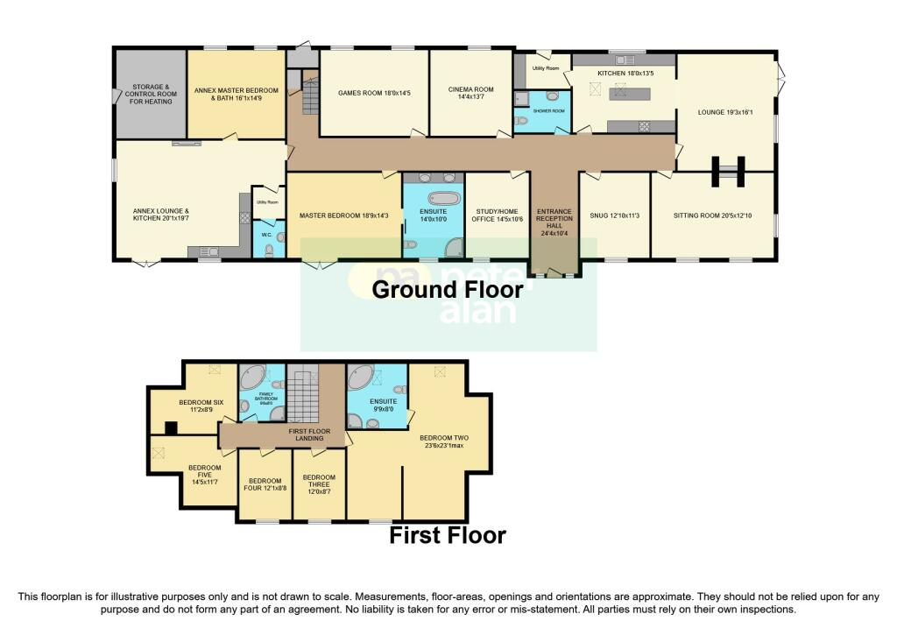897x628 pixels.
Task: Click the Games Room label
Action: click(374, 92)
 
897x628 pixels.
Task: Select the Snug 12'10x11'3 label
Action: click(614, 215)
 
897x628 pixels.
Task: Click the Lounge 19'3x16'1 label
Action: click(725, 112)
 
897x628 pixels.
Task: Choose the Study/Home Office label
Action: click(497, 215)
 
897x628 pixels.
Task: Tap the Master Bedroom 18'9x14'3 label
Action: click(343, 215)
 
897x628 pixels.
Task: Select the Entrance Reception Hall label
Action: click(554, 220)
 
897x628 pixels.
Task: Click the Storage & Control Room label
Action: click(151, 95)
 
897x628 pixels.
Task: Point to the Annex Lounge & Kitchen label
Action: click(161, 215)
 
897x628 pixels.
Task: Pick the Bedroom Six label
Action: click(201, 406)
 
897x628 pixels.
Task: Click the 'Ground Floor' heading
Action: click(448, 289)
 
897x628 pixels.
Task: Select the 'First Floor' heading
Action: click(448, 534)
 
